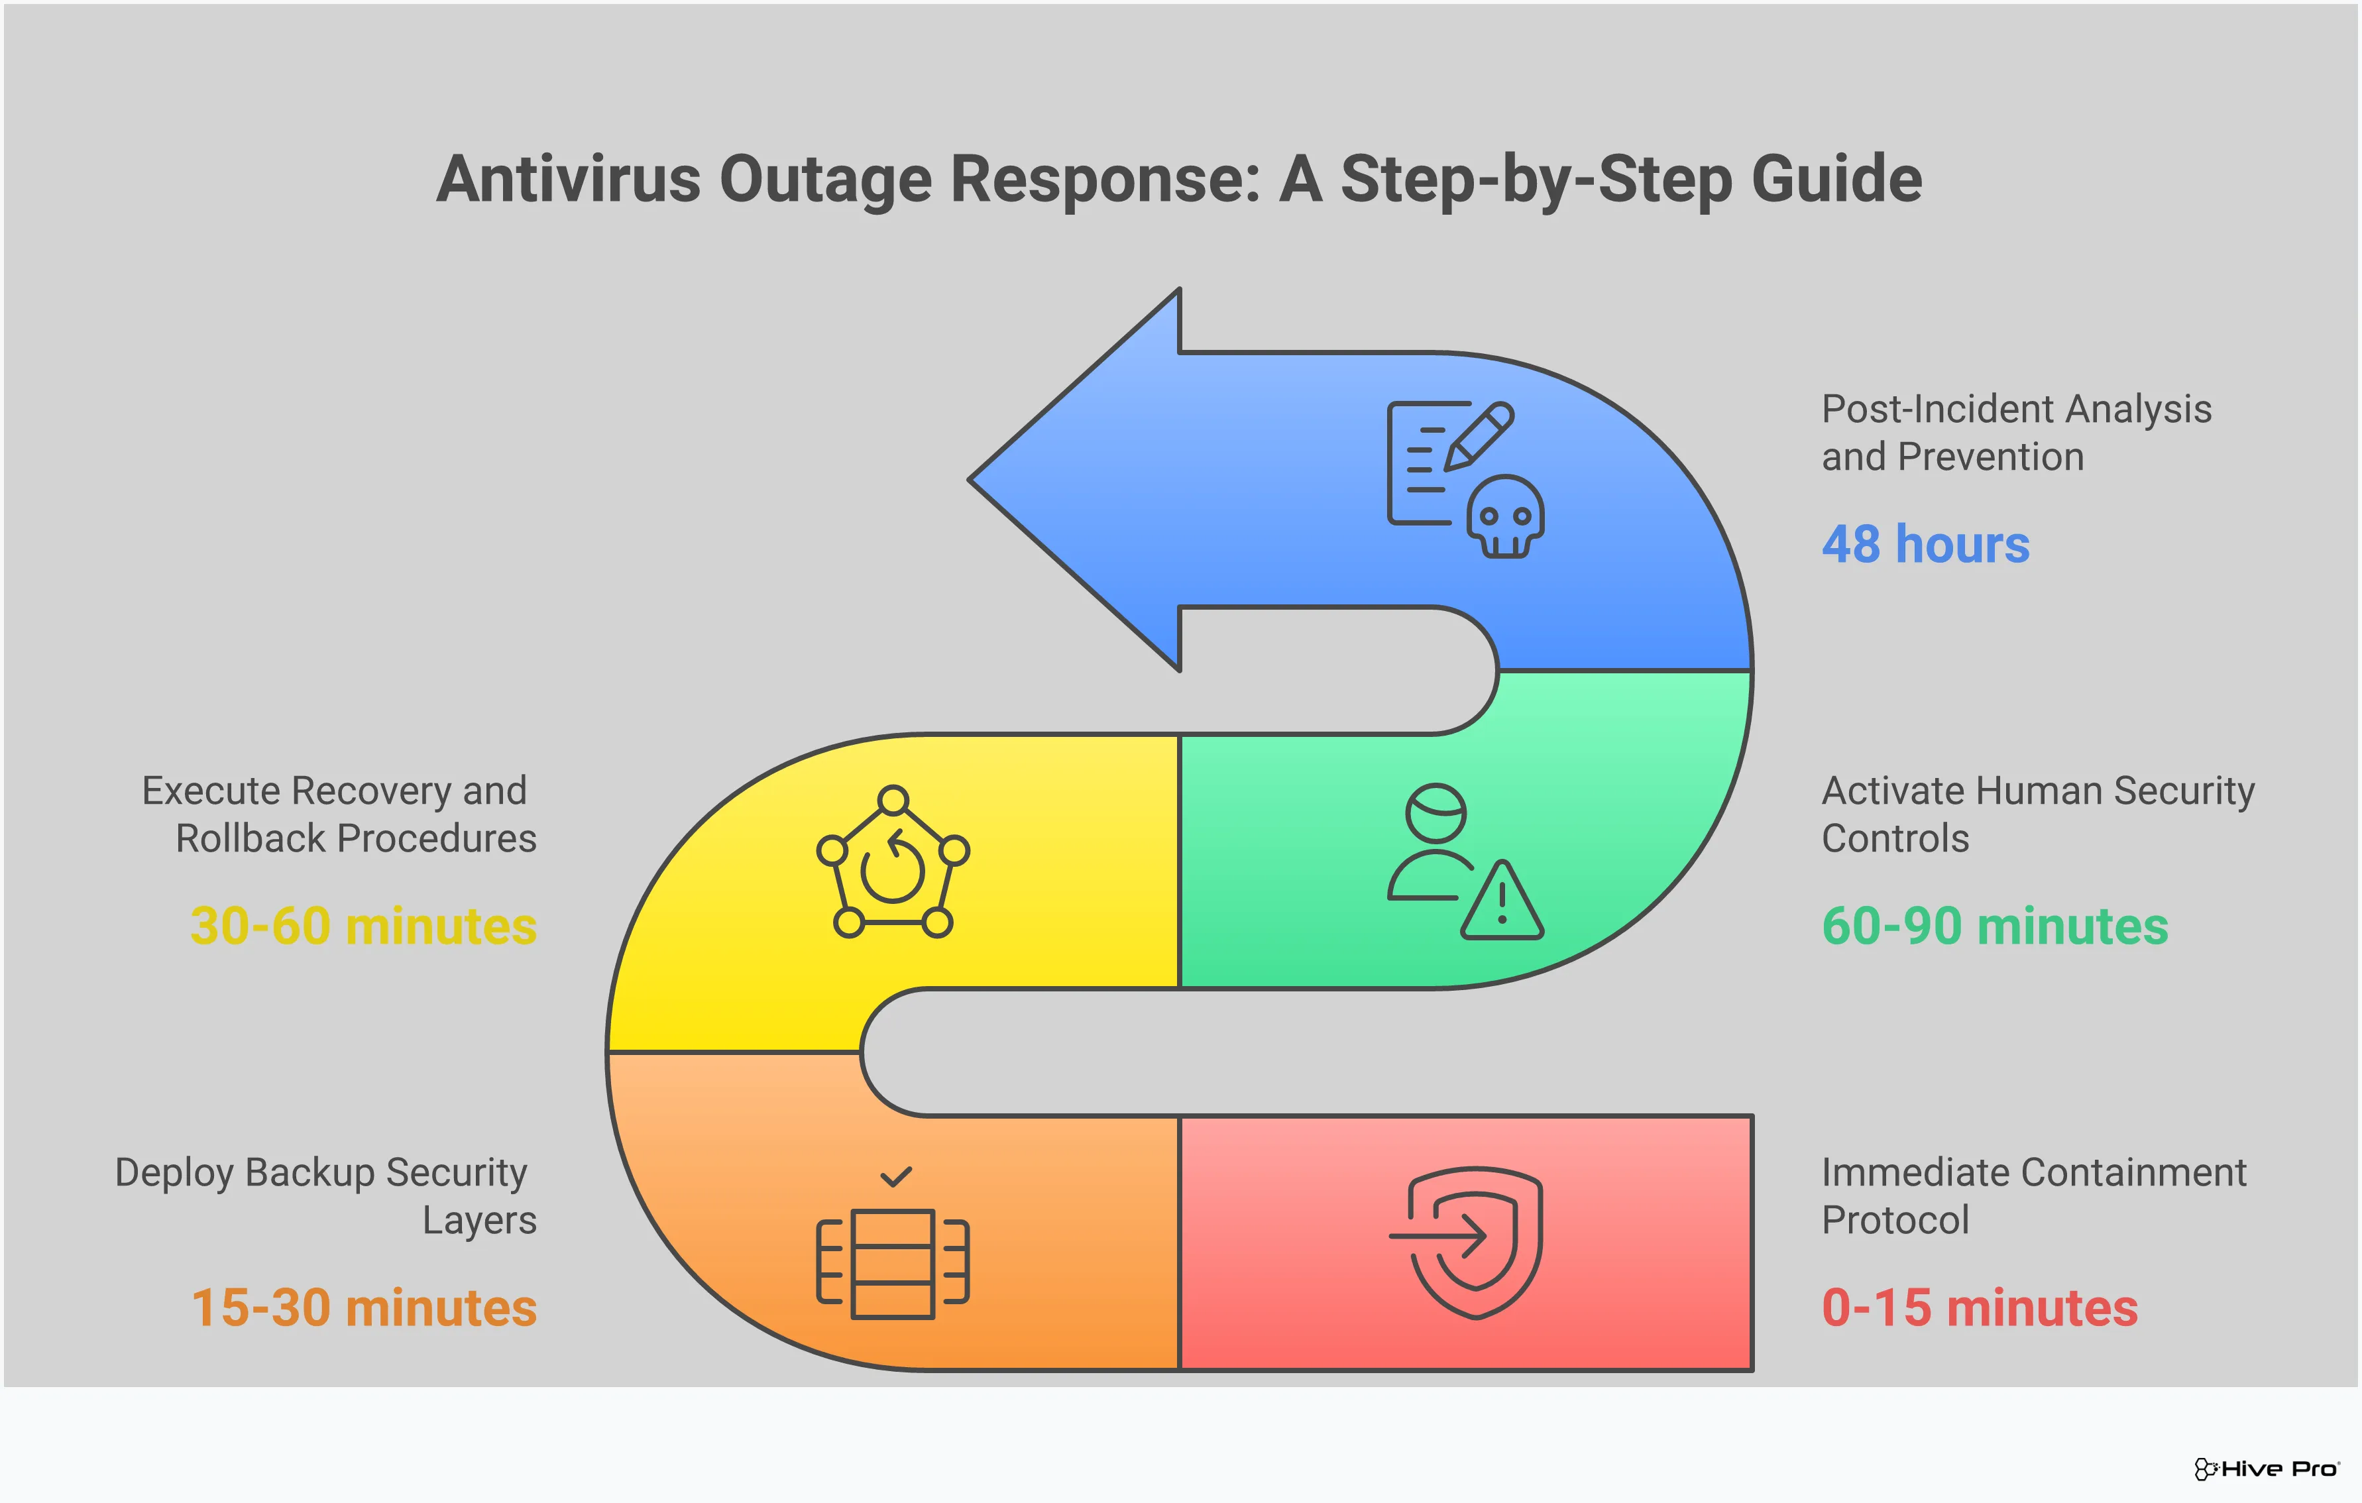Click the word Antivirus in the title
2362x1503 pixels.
569,180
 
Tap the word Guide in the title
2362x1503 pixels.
1836,180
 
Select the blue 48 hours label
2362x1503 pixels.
1925,545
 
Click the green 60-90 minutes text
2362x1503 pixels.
1995,926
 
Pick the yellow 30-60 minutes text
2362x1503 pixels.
364,926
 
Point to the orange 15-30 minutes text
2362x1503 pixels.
364,1308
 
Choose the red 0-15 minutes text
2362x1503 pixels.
1980,1308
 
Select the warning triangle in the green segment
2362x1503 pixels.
1502,901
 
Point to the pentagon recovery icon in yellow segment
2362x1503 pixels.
893,862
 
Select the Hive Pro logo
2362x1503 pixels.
2267,1469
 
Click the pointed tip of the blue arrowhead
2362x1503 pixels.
969,480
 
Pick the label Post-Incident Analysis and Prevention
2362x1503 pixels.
2016,433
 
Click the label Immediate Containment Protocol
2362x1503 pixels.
2033,1196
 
